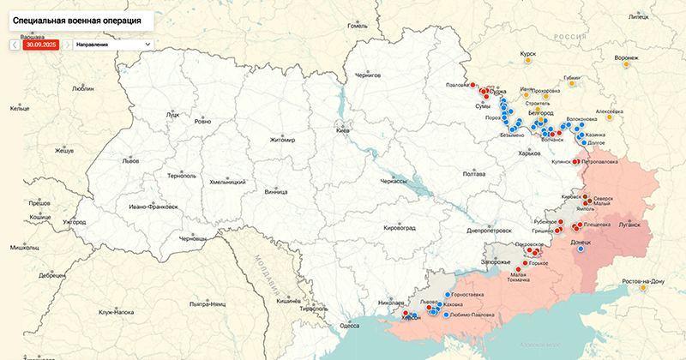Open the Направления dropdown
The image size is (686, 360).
tap(111, 44)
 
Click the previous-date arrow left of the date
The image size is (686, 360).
tap(15, 44)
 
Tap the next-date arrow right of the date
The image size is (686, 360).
tap(67, 44)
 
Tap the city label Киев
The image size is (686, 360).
tap(344, 131)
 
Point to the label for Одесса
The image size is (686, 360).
tap(349, 326)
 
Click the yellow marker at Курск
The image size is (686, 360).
tap(528, 63)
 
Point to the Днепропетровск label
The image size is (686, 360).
tap(490, 230)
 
